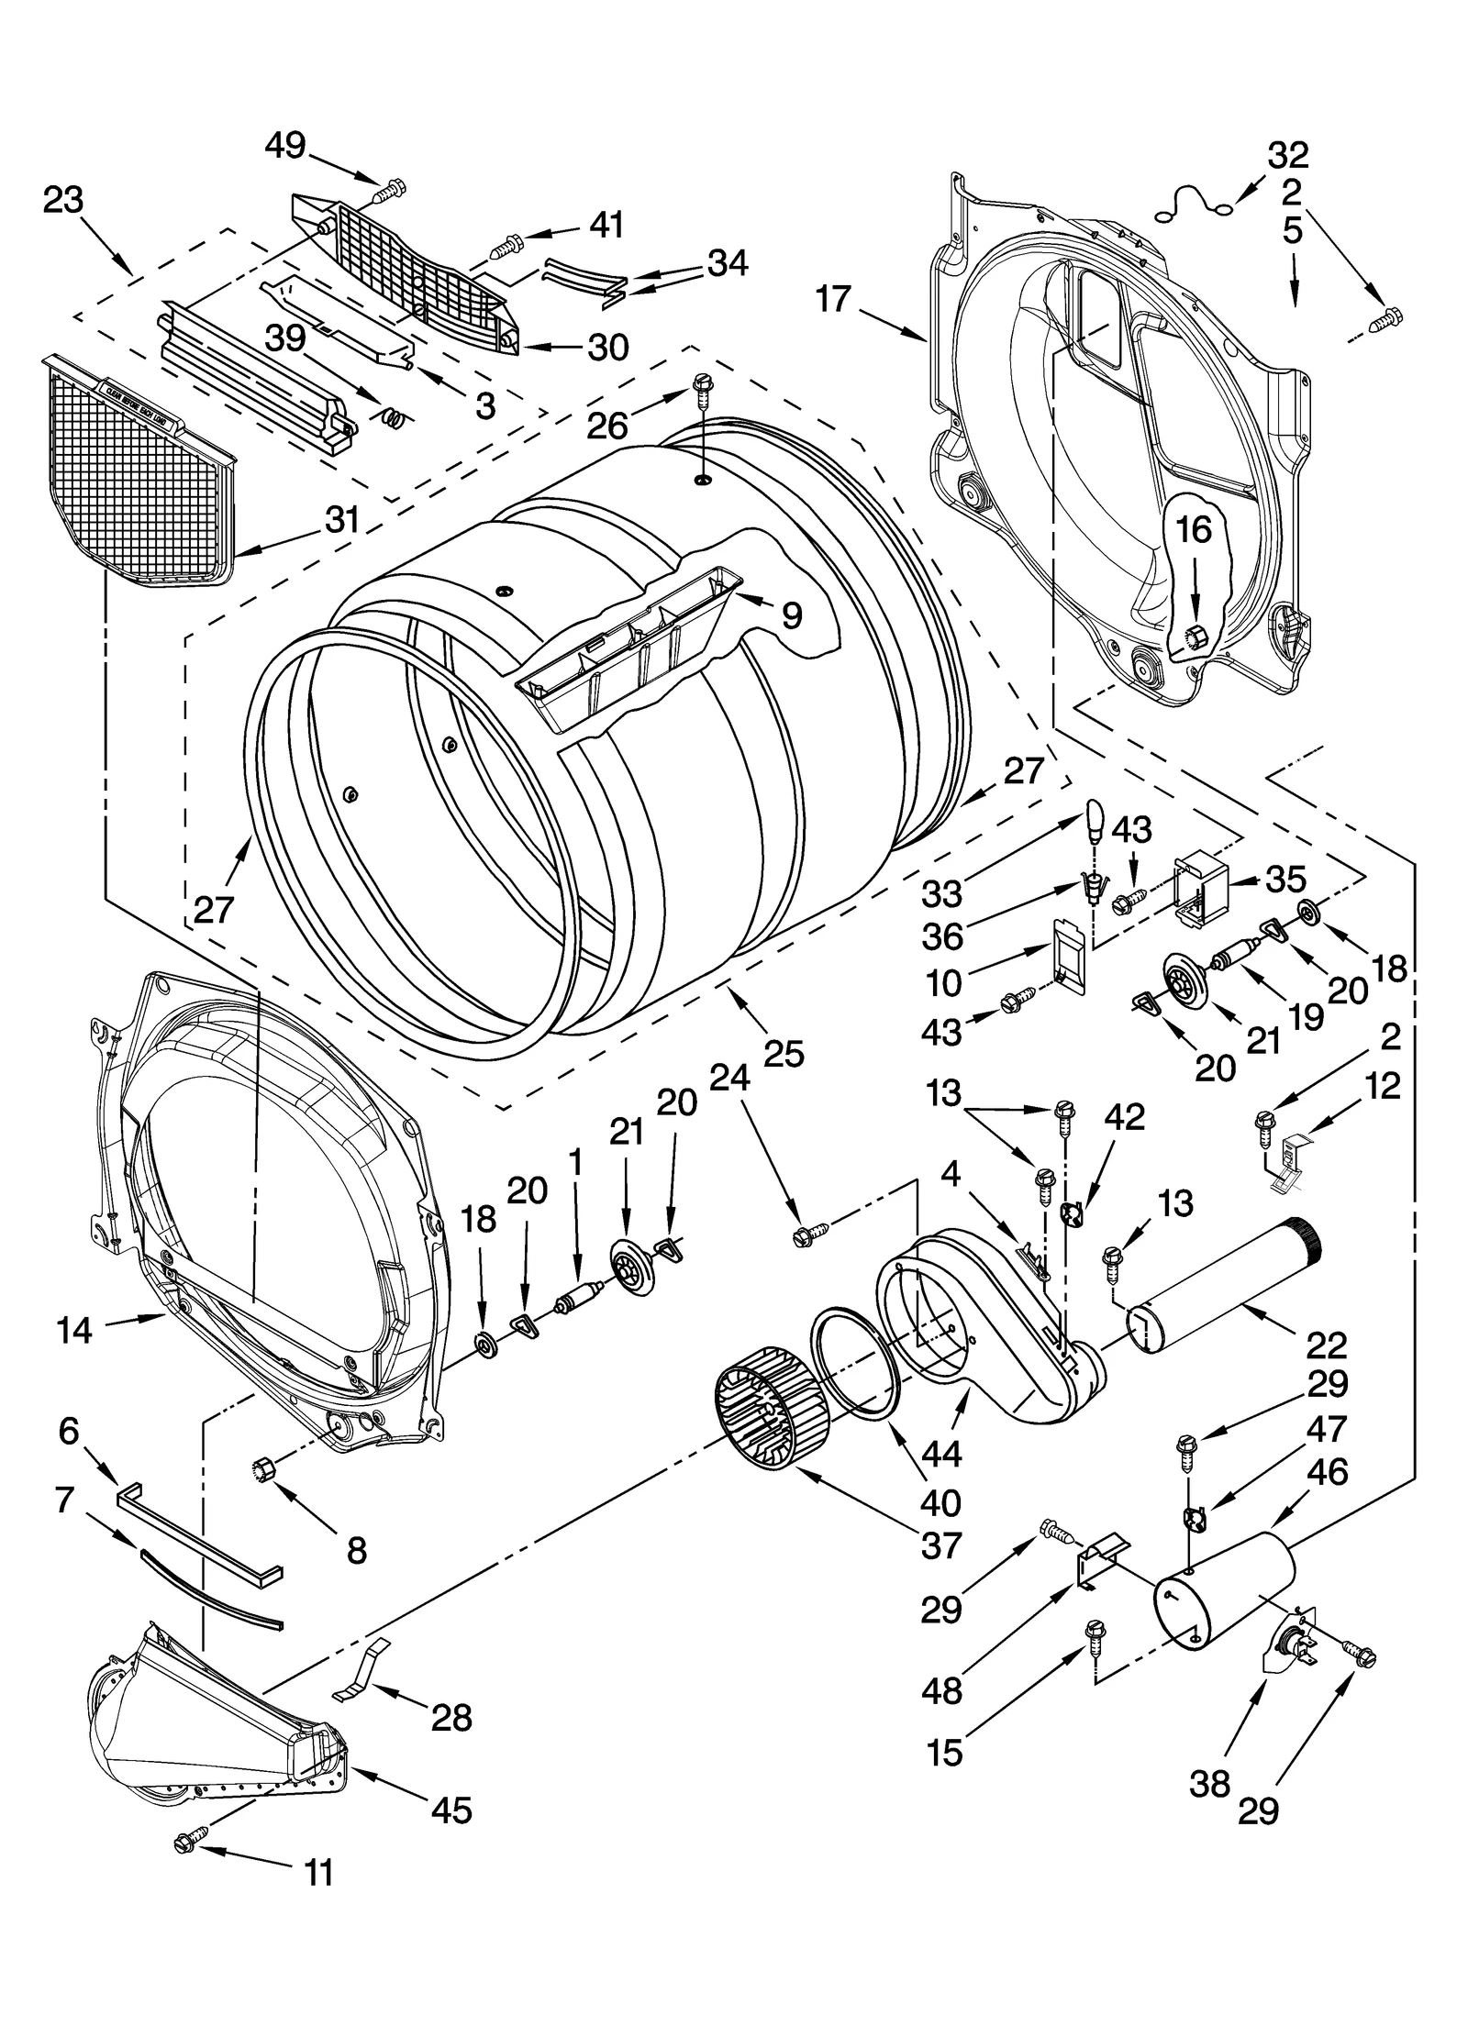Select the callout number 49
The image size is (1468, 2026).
click(285, 145)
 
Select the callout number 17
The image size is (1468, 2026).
click(833, 300)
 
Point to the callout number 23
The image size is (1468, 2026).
click(63, 199)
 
